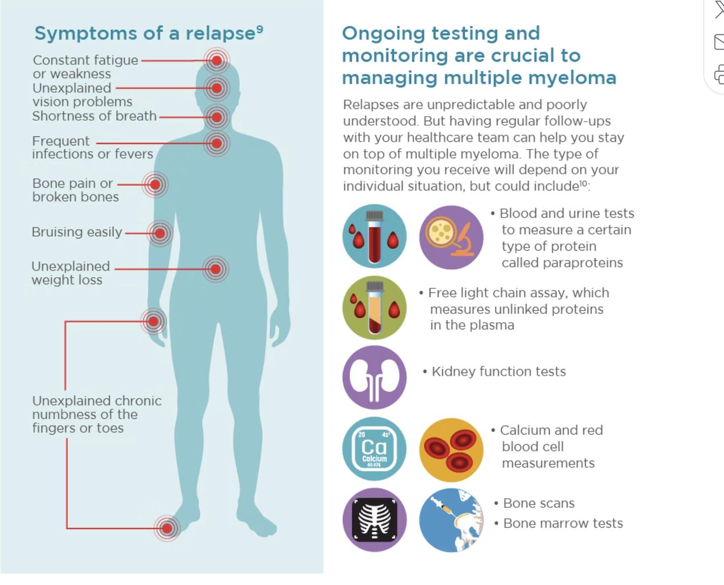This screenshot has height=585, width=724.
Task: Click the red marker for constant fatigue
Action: tap(216, 60)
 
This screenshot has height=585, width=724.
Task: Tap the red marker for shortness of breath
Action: tap(216, 117)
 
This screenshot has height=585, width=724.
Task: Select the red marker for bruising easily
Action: tap(160, 233)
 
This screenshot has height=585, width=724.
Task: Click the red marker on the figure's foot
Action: tap(167, 528)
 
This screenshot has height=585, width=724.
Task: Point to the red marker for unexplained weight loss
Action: tap(215, 269)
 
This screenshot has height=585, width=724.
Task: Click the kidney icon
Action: tap(374, 378)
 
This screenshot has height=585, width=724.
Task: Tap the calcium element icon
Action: tap(374, 449)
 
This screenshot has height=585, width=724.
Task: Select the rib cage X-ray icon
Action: tap(374, 520)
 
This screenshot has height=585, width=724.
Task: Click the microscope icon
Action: tap(451, 237)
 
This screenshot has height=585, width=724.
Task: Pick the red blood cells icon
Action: tap(451, 450)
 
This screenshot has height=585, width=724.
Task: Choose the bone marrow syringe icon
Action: tap(451, 520)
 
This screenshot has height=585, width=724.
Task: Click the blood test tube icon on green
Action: tap(374, 308)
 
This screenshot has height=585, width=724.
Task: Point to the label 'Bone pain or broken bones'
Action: tap(75, 190)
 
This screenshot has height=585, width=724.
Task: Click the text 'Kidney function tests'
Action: tap(498, 372)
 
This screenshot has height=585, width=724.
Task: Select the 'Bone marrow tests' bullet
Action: tap(563, 523)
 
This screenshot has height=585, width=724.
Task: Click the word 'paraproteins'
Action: tap(562, 263)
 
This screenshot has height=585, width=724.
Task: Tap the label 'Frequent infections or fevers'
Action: tap(92, 148)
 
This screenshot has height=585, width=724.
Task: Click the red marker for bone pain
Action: tap(155, 184)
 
